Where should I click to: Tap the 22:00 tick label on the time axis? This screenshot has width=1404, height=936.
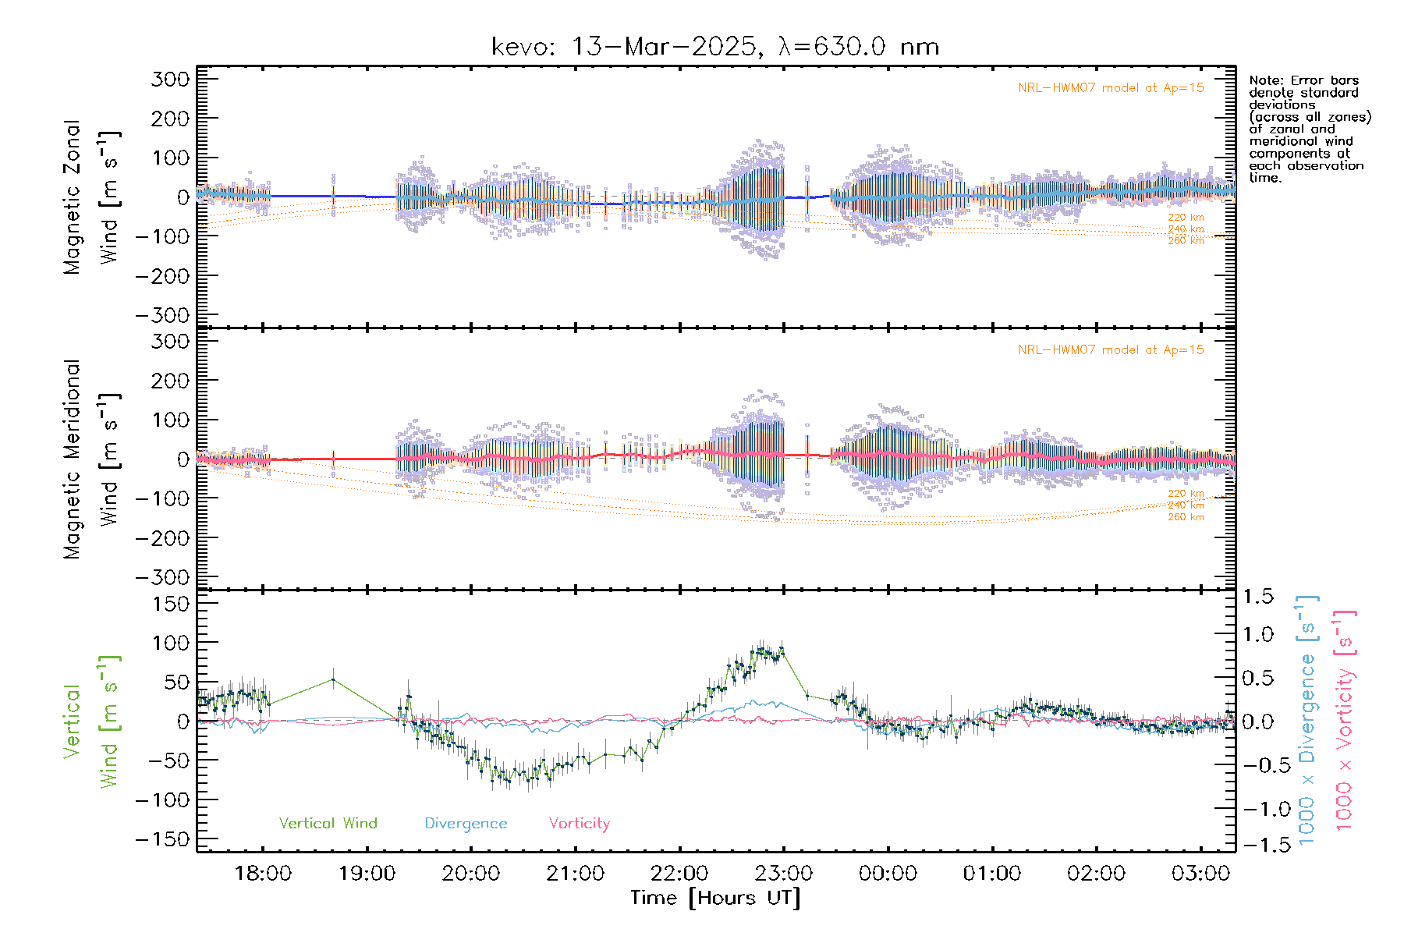(x=679, y=874)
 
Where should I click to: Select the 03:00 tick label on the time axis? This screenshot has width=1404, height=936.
(x=1200, y=874)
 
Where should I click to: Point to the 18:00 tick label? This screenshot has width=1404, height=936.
(x=263, y=874)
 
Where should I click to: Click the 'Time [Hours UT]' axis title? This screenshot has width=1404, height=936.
(x=714, y=899)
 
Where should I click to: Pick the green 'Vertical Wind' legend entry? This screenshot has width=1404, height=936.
(x=328, y=824)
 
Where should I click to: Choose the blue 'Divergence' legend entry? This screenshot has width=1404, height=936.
(x=466, y=824)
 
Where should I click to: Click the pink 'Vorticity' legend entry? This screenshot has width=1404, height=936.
(x=579, y=824)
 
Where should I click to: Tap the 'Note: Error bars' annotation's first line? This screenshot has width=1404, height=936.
(x=1303, y=80)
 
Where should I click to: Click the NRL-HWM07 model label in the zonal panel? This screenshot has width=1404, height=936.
(x=1111, y=88)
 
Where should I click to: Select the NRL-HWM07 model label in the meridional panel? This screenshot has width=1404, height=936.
(x=1111, y=350)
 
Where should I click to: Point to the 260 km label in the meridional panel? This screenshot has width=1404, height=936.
(x=1186, y=517)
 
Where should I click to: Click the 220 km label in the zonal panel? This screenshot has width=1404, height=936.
(x=1186, y=218)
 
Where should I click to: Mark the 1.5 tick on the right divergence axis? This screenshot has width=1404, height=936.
(x=1257, y=597)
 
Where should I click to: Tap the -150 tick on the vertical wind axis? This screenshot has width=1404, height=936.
(x=162, y=839)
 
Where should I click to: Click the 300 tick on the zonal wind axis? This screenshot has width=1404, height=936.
(x=170, y=79)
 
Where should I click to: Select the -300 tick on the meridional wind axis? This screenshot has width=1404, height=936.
(x=162, y=577)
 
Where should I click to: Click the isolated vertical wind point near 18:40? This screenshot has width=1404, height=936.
(x=333, y=679)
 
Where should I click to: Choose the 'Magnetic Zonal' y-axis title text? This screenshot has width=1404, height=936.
(x=72, y=197)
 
